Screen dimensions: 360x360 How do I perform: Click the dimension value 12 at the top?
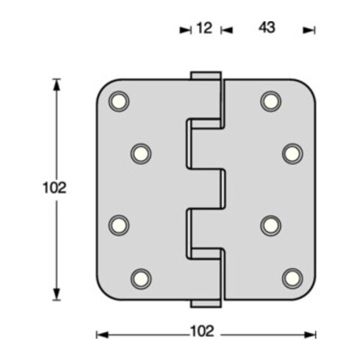[204, 29]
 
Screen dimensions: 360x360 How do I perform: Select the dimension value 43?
[267, 29]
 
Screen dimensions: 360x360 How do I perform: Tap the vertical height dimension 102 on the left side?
[55, 188]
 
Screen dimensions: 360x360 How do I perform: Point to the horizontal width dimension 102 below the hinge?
[206, 331]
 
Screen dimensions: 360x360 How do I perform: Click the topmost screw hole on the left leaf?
[118, 101]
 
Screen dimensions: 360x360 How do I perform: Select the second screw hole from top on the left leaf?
[140, 153]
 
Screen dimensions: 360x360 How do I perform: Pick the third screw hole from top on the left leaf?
[118, 226]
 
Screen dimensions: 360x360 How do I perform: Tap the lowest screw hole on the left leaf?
[140, 278]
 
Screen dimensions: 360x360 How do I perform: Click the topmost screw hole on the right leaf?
[270, 101]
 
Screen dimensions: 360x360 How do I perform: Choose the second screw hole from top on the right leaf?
[292, 153]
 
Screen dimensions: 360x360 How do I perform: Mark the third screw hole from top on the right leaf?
[270, 226]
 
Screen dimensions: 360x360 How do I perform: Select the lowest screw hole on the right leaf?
[292, 278]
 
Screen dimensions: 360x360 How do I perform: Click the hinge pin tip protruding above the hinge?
[206, 76]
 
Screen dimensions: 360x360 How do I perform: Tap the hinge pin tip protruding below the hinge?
[206, 303]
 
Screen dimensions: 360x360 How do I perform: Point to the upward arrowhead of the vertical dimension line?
[57, 83]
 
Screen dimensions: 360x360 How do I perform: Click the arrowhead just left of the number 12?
[185, 30]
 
